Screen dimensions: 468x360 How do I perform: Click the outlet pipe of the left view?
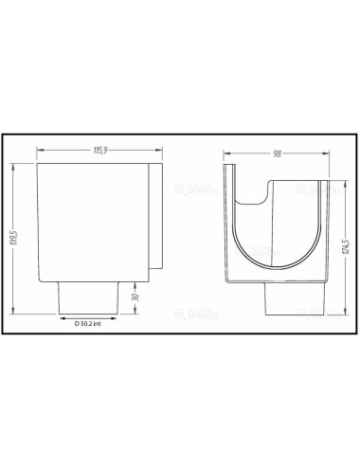click(88, 295)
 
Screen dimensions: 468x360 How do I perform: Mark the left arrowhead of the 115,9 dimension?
click(39, 156)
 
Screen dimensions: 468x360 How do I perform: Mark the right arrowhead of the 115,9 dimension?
click(160, 156)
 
